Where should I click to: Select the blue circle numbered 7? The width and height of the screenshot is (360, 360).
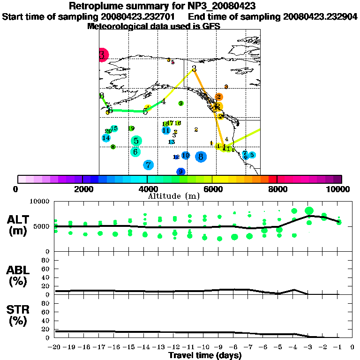click(x=149, y=165)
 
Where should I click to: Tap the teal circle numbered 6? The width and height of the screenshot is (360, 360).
click(x=135, y=151)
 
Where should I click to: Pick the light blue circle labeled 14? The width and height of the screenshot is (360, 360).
click(x=106, y=138)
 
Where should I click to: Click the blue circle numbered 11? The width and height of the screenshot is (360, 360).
click(x=166, y=130)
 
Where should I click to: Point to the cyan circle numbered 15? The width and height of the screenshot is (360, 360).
click(x=114, y=128)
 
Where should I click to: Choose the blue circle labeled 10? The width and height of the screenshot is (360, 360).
click(x=186, y=155)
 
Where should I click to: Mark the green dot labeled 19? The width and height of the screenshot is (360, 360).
click(x=131, y=128)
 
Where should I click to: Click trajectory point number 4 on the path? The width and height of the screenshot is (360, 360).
click(x=164, y=101)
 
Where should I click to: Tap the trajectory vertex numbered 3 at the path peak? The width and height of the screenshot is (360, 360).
click(x=194, y=69)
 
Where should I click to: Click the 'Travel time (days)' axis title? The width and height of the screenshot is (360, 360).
click(x=205, y=356)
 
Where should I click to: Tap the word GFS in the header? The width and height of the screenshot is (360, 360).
click(x=211, y=26)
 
